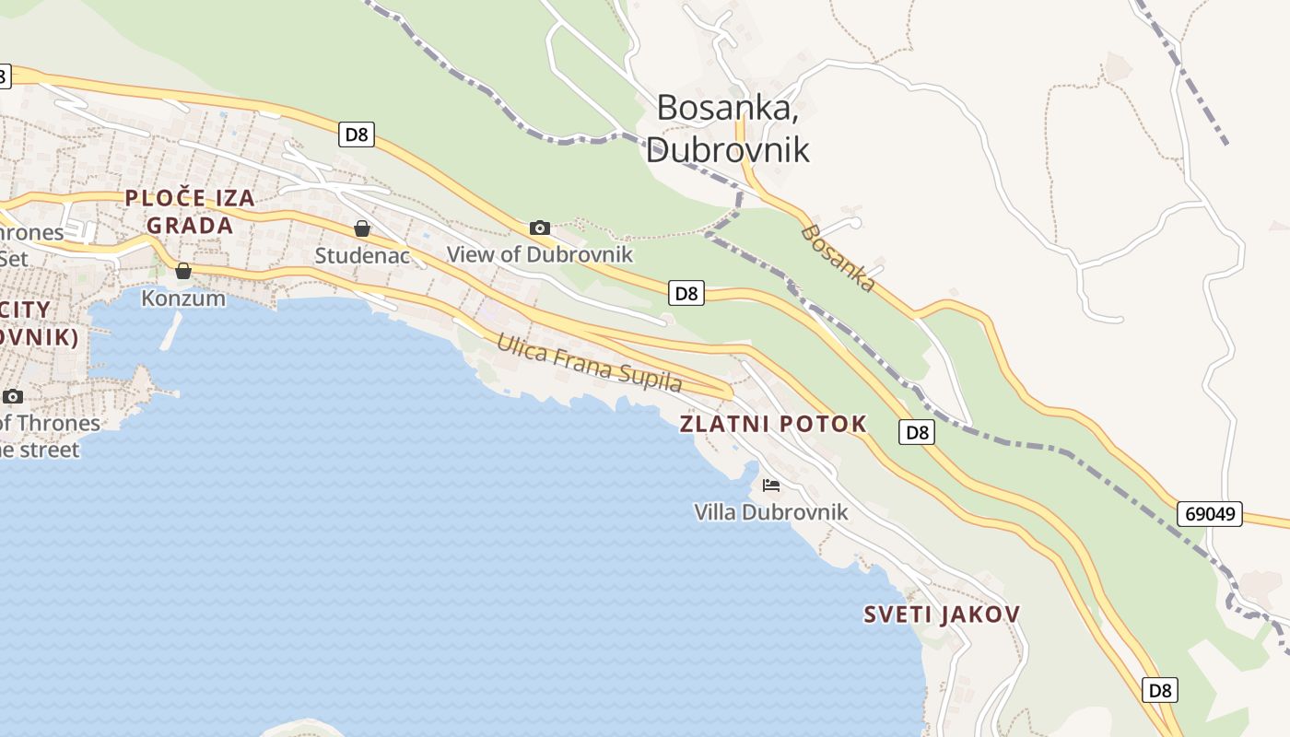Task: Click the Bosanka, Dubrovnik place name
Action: [727, 128]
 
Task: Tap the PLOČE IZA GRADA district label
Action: [189, 211]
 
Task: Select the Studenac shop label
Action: [362, 255]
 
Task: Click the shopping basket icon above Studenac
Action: [362, 228]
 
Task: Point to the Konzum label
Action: [183, 298]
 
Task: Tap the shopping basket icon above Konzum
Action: [183, 271]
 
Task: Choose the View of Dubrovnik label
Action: [540, 254]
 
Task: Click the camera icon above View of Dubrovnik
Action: [540, 228]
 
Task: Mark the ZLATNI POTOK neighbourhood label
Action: [773, 424]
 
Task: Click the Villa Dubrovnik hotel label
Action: [771, 511]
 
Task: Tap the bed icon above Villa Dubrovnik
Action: [771, 485]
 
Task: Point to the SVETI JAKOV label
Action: [942, 614]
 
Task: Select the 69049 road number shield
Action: [1209, 513]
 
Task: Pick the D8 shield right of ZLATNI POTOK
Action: [916, 432]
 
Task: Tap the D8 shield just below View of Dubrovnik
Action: [686, 293]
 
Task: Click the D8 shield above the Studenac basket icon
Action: [356, 135]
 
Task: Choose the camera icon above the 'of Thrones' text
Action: [13, 396]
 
